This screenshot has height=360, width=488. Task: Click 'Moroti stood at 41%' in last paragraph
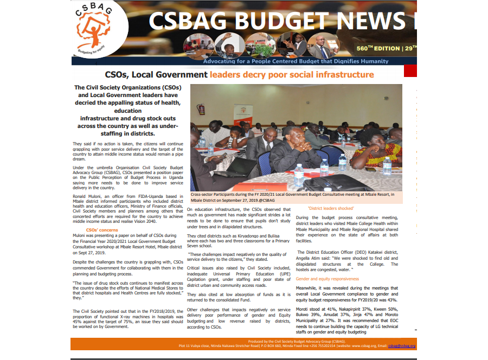[316, 308]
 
